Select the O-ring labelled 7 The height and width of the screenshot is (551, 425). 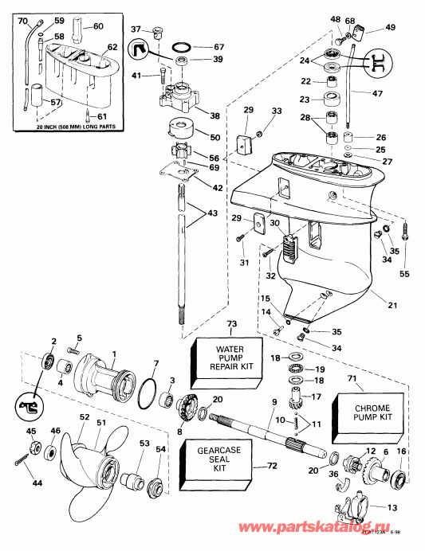pos(144,393)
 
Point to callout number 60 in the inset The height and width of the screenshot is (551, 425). pos(99,27)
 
